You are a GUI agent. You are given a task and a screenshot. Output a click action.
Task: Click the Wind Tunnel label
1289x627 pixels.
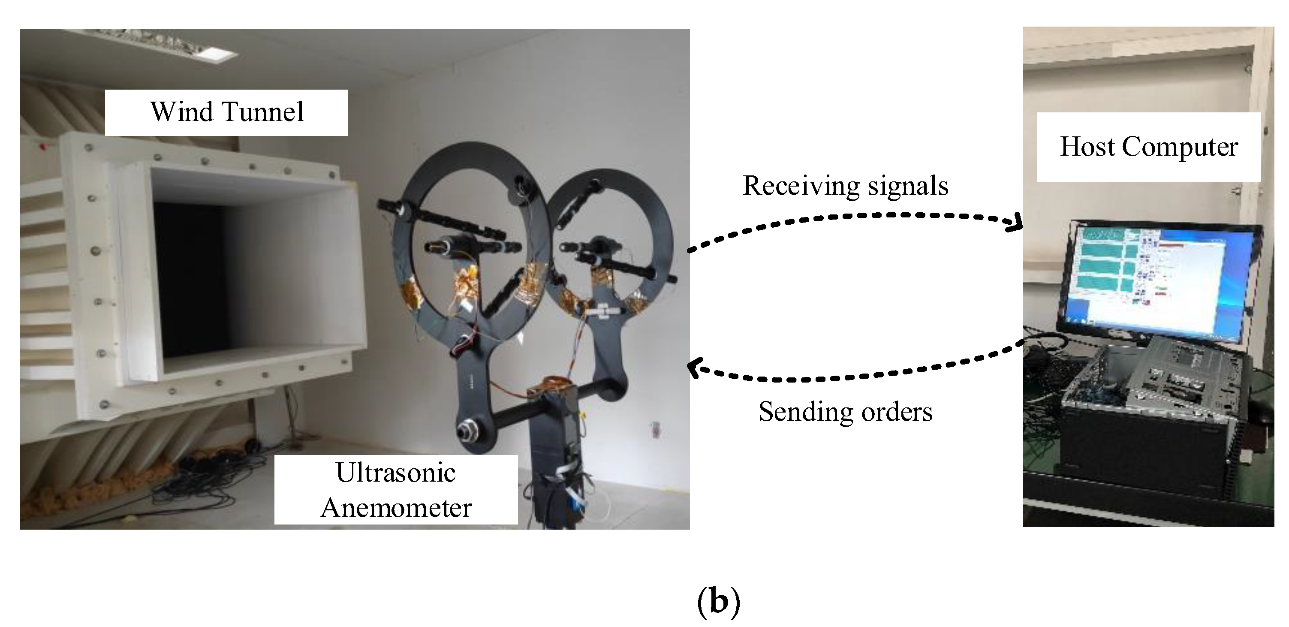tap(227, 112)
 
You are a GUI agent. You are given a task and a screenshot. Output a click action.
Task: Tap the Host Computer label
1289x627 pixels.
tap(1148, 147)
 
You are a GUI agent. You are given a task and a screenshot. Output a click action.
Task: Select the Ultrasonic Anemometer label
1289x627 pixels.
tap(396, 490)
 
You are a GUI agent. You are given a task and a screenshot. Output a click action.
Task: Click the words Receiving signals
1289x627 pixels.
tap(845, 186)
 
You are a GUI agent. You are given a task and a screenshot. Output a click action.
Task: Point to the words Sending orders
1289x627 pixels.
tap(845, 412)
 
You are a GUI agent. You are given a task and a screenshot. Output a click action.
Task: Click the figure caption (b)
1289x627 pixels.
tap(719, 603)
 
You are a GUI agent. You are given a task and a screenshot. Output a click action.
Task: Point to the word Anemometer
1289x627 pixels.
tap(396, 508)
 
